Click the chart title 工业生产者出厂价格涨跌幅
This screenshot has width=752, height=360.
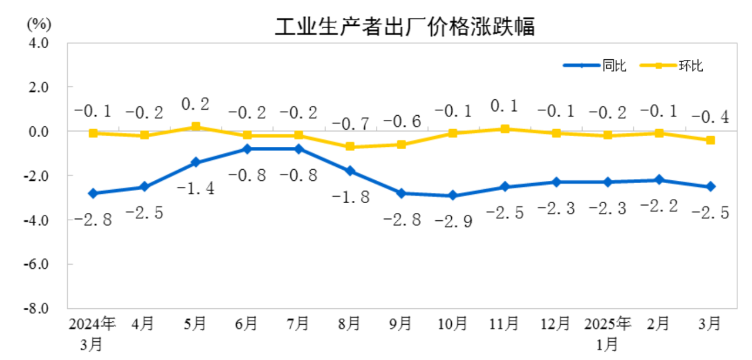click(405, 26)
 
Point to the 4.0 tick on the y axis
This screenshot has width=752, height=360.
click(39, 43)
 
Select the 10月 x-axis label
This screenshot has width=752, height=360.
click(452, 323)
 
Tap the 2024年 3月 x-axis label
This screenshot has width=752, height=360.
click(92, 332)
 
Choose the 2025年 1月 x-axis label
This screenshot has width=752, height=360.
click(607, 332)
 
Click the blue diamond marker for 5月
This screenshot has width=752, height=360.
click(196, 162)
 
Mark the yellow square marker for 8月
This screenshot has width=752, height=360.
click(350, 146)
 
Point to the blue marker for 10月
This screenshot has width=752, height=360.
click(452, 196)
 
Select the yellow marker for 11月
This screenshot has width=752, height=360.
click(504, 129)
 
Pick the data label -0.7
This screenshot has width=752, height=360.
click(351, 124)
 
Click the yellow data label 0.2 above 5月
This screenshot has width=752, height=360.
click(196, 105)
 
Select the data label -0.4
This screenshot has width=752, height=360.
click(710, 117)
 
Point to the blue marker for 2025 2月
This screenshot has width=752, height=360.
click(659, 180)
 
